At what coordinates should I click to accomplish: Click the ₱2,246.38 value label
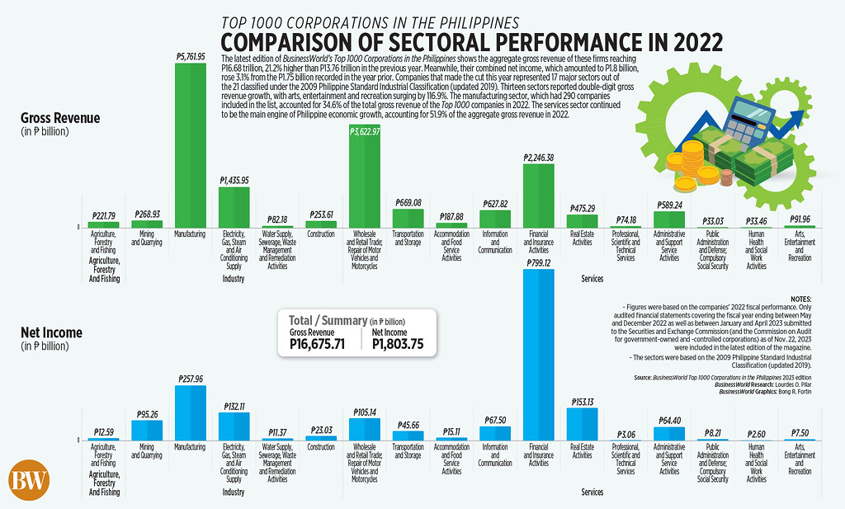(538, 157)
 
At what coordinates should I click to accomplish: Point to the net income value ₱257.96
(190, 378)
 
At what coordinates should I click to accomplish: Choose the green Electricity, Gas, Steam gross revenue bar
(234, 207)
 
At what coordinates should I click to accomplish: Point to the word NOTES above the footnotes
(801, 298)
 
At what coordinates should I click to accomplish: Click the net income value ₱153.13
(582, 401)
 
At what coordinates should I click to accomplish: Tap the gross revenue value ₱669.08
(408, 202)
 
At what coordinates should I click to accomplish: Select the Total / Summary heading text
(325, 319)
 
